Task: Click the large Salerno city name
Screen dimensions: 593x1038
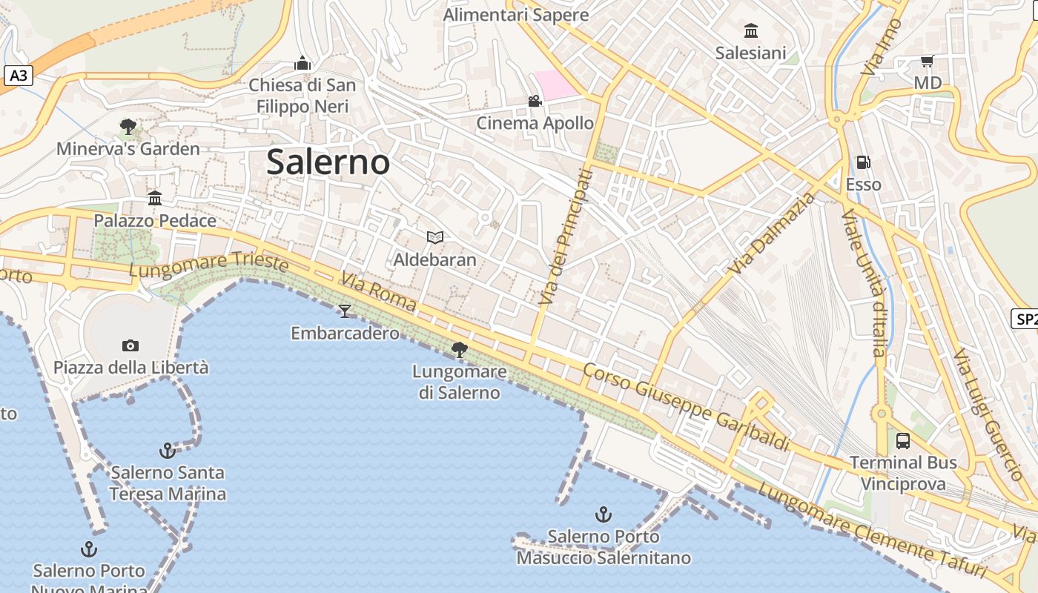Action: [x=328, y=162]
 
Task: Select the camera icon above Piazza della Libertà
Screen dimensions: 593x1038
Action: [x=130, y=345]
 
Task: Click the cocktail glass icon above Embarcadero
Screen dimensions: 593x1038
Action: [x=344, y=311]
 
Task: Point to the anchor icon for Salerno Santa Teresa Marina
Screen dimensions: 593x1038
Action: [x=168, y=450]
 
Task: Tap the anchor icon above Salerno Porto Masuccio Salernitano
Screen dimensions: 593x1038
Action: [x=604, y=514]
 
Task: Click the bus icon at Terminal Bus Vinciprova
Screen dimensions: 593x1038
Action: [x=903, y=440]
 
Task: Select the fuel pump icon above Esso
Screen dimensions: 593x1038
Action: [x=863, y=162]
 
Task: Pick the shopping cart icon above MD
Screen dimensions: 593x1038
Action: [x=927, y=61]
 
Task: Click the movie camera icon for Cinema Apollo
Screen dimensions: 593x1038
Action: [x=535, y=101]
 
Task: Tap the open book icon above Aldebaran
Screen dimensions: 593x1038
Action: [x=435, y=237]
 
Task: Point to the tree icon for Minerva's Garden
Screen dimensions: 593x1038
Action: [x=128, y=127]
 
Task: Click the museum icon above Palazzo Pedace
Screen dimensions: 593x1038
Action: [x=155, y=198]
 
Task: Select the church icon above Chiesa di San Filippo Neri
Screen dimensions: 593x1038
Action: [x=302, y=63]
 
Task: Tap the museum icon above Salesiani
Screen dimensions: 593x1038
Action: [x=751, y=30]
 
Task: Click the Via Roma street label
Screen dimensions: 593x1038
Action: [x=378, y=292]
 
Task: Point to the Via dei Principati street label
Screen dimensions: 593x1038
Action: [x=567, y=236]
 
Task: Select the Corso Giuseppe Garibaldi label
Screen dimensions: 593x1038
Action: [x=686, y=406]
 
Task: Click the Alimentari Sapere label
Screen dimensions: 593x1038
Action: [x=516, y=14]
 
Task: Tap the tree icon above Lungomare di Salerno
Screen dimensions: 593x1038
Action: [x=460, y=349]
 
